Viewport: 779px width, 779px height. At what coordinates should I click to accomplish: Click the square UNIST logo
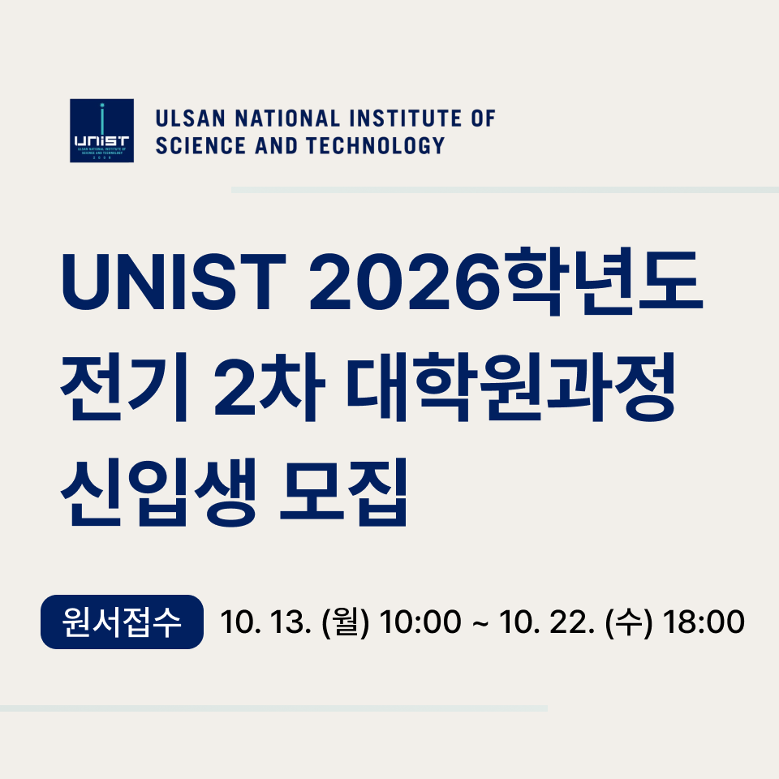pos(102,131)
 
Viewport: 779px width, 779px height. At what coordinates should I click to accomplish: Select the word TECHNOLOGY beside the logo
pos(375,145)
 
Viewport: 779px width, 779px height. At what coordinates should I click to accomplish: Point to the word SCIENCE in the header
pos(200,145)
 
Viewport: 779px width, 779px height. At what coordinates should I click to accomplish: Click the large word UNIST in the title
pos(174,282)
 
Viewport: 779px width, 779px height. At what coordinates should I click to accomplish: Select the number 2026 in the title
pos(404,282)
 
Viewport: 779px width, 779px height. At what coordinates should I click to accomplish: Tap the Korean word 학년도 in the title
pos(605,281)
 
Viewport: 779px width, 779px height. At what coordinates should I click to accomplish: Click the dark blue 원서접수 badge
pos(123,622)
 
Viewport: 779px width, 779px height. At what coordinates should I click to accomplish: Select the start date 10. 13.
pos(266,622)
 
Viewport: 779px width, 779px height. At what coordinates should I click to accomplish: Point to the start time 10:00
pos(420,622)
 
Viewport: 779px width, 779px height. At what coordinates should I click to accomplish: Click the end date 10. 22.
pos(547,622)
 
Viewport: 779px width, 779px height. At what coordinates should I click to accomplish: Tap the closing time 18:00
pos(704,622)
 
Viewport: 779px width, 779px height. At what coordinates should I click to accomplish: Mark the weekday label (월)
pos(346,622)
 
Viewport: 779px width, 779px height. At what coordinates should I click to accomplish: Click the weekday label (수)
pos(629,622)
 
